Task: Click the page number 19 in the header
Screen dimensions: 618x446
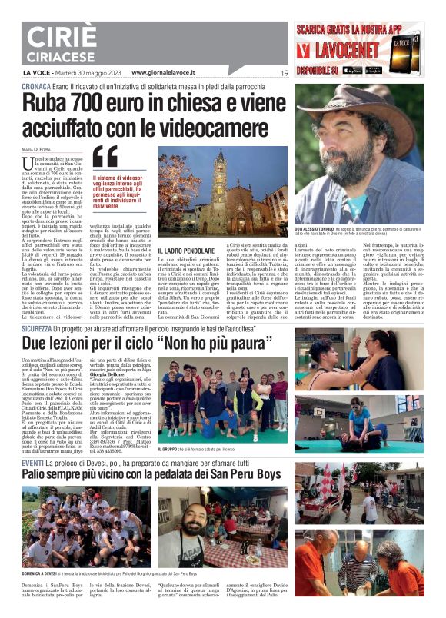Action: (x=284, y=73)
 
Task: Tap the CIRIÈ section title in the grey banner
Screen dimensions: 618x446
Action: (x=52, y=40)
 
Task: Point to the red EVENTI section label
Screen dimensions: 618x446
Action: (x=32, y=463)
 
